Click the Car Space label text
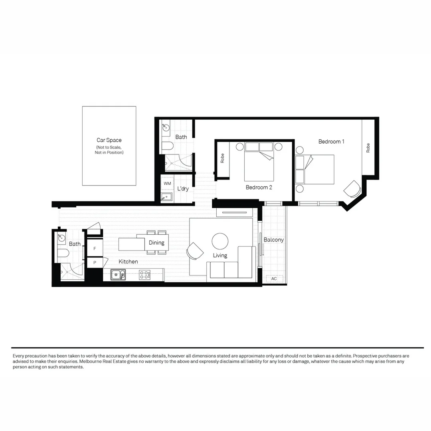pos(109,140)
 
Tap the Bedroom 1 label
pos(331,141)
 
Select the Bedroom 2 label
pos(259,187)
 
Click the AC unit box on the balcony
pos(274,279)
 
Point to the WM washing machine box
pos(167,183)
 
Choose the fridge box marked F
pos(95,248)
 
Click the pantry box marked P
pos(95,263)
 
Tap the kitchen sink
pos(118,275)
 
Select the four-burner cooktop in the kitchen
pos(144,275)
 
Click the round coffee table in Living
pos(220,241)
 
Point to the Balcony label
pos(274,240)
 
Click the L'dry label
pos(183,189)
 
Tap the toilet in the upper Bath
pos(168,146)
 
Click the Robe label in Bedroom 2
pos(222,158)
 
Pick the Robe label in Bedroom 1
pos(368,148)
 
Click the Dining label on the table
pos(156,243)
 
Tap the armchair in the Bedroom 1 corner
pos(352,188)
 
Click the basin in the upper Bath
pos(166,128)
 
